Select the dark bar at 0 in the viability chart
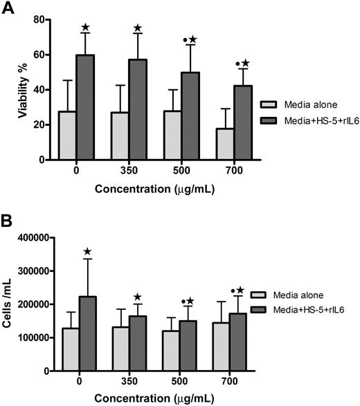[x=84, y=107]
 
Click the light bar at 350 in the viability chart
[x=106, y=136]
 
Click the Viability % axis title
[x=22, y=90]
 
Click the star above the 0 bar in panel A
[x=85, y=27]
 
